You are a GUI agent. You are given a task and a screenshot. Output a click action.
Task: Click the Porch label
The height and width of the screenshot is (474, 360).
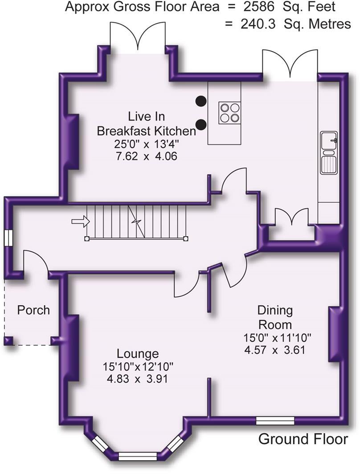(x=33, y=310)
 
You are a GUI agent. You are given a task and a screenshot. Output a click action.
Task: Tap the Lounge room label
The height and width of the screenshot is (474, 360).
(x=138, y=353)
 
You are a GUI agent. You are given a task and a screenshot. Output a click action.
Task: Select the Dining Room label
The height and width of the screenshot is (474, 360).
(x=275, y=317)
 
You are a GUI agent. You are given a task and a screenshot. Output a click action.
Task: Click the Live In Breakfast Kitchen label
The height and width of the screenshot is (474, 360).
(x=146, y=124)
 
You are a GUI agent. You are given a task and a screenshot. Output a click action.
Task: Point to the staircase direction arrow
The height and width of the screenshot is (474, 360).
(x=81, y=221)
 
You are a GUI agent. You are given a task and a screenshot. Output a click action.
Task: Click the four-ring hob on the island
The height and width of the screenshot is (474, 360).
(x=230, y=112)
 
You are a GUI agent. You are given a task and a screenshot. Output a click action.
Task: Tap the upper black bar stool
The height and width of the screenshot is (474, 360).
(x=201, y=101)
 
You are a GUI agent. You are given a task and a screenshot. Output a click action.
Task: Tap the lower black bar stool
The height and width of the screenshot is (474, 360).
(x=201, y=124)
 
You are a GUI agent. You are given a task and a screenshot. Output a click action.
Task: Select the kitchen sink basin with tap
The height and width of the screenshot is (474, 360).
(x=329, y=141)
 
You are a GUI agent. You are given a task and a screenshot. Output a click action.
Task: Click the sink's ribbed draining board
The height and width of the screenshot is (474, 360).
(x=329, y=164)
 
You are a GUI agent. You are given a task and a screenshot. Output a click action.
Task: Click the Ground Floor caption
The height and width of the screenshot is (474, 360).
(x=303, y=439)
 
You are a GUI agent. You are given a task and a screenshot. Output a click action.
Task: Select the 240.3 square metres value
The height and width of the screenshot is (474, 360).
(x=258, y=24)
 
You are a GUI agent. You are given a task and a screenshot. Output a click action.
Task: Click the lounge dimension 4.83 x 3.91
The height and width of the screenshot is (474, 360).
(x=137, y=379)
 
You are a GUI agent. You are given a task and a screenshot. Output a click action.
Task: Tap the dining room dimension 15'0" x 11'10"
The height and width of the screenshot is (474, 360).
(x=278, y=337)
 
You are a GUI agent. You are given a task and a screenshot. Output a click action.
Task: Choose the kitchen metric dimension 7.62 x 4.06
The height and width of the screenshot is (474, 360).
(x=146, y=156)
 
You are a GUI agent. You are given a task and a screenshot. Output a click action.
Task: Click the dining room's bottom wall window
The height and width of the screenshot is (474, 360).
(x=275, y=421)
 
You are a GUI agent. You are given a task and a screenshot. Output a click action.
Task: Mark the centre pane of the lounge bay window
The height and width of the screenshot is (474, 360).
(x=138, y=456)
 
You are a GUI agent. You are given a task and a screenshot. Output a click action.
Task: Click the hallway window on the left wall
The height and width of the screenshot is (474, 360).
(x=9, y=237)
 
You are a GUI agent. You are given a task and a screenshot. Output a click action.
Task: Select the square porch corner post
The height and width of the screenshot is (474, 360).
(x=8, y=341)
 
